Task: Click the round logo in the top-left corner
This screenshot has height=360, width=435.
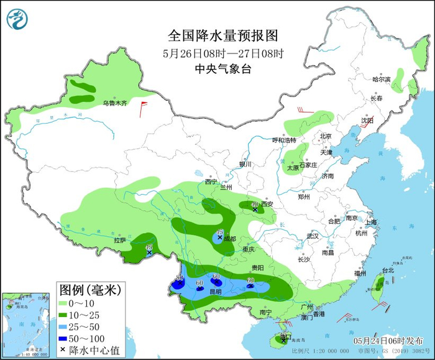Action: pos(18,19)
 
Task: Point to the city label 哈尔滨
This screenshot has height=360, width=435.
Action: pos(381,80)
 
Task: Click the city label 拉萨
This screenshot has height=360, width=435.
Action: pos(119,240)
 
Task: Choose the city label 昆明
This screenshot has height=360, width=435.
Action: pos(215,291)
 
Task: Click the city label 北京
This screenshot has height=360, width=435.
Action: pos(326,136)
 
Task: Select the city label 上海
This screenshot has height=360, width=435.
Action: pos(372,222)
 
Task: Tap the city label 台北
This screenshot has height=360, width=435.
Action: pos(388,270)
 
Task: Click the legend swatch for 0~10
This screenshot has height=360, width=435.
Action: pos(65,303)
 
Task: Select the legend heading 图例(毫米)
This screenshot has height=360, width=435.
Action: pos(89,290)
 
